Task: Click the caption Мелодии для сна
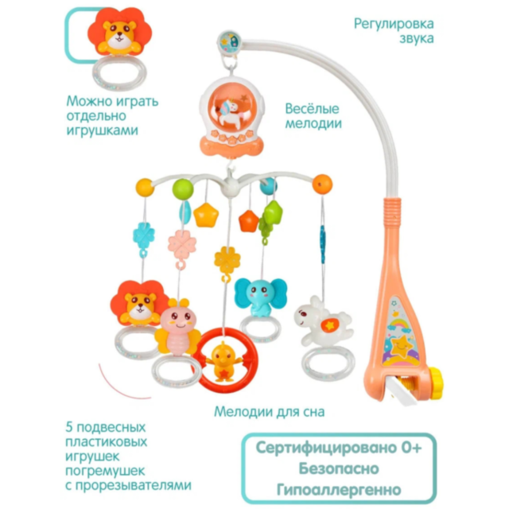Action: [270, 412]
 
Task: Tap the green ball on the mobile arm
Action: [183, 189]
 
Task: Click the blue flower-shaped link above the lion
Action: [144, 236]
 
